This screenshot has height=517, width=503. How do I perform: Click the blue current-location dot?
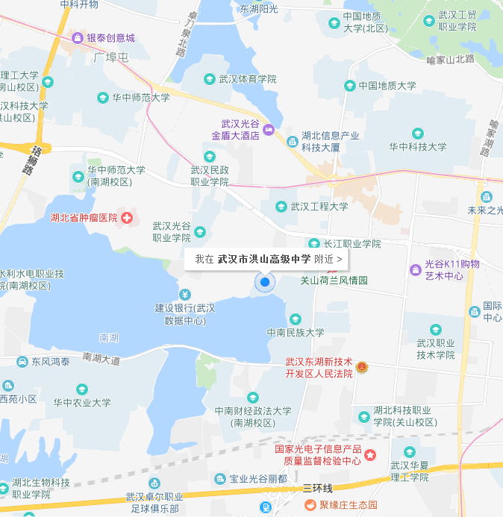pos(264,282)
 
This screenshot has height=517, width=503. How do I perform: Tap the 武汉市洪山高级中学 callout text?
pos(263,259)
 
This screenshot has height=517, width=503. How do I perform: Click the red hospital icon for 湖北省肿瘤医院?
pos(128,218)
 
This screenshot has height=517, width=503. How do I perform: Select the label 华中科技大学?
pos(417,147)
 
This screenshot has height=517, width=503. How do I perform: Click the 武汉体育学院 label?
pos(248,78)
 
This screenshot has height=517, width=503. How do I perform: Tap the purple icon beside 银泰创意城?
pos(78,38)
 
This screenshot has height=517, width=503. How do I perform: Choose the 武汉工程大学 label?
pos(319,207)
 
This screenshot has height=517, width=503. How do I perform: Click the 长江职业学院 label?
pos(352,244)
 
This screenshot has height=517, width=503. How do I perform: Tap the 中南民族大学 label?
pos(296,333)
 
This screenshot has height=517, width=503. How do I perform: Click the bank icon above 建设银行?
pos(184,294)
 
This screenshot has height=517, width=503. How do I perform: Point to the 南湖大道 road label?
pos(101,359)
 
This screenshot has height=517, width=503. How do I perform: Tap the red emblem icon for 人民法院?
pos(362,367)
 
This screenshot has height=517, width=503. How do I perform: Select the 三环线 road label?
pos(317,488)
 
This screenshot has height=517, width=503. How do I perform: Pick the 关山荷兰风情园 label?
pos(334,281)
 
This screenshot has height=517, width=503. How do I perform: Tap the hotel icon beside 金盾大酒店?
pos(269,131)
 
